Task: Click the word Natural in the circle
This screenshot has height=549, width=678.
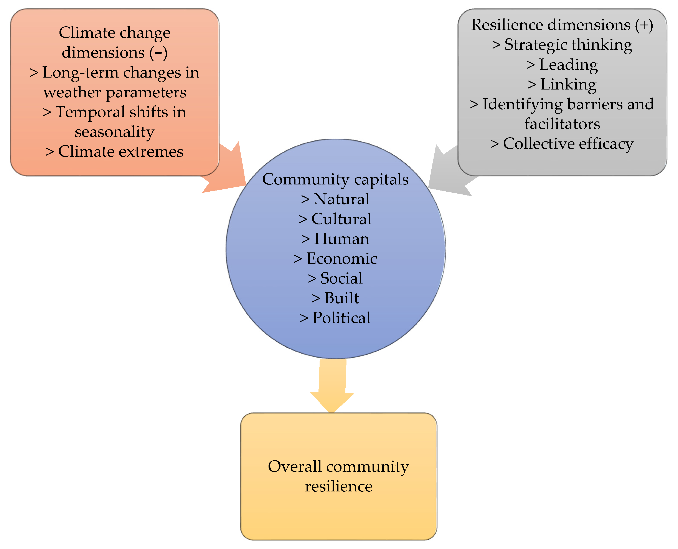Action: coord(341,199)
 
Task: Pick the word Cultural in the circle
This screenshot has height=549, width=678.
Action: coord(341,219)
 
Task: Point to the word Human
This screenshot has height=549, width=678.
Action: coord(341,239)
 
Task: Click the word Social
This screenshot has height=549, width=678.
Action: coord(341,278)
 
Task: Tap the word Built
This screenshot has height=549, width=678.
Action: coord(341,298)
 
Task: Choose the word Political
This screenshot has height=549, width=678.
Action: coord(341,318)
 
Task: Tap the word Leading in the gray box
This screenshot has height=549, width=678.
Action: coord(568,65)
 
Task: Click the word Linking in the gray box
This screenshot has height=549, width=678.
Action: coord(568,85)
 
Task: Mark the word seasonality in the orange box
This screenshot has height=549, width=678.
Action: coord(115,132)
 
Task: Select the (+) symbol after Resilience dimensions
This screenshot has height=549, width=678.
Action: coord(644,25)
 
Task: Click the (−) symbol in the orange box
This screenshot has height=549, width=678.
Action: coord(159,53)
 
